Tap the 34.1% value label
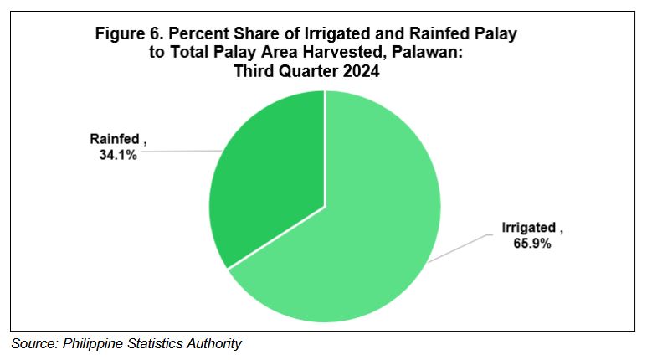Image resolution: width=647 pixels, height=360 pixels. tap(118, 155)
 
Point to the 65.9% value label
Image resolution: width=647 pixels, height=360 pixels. tap(531, 243)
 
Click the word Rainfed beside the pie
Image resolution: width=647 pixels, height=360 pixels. tap(115, 139)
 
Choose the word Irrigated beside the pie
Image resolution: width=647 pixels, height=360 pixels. tap(529, 228)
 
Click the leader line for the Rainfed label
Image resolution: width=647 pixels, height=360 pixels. tap(181, 151)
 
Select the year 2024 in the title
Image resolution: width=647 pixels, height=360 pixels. tap(361, 71)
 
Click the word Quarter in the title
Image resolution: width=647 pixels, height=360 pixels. tap(308, 71)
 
